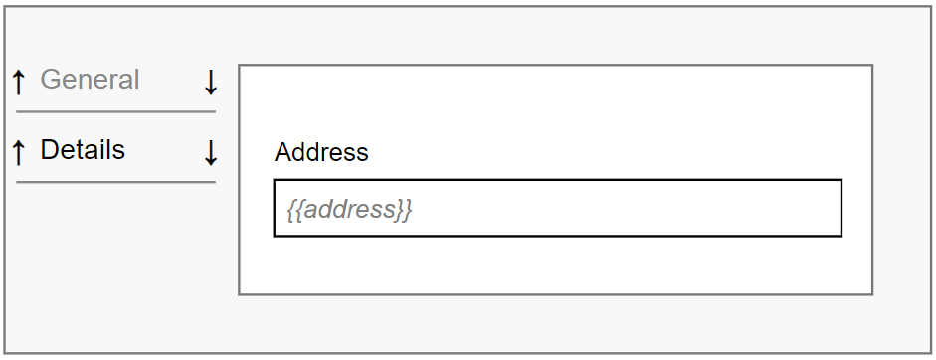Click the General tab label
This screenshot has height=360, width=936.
pyautogui.click(x=90, y=80)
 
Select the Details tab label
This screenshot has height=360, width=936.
pyautogui.click(x=83, y=150)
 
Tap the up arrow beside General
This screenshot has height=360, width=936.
pyautogui.click(x=18, y=82)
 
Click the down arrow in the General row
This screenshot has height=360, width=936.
pyautogui.click(x=210, y=82)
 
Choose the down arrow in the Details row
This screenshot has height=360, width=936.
pyautogui.click(x=210, y=152)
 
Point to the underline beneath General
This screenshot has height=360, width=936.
pyautogui.click(x=115, y=111)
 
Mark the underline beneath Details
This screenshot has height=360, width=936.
pyautogui.click(x=115, y=182)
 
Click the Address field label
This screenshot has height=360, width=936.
pyautogui.click(x=321, y=152)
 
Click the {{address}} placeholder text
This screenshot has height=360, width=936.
pyautogui.click(x=349, y=210)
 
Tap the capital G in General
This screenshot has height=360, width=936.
pyautogui.click(x=51, y=80)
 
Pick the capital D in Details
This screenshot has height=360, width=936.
pyautogui.click(x=49, y=150)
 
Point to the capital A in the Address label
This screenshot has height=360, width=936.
pyautogui.click(x=283, y=152)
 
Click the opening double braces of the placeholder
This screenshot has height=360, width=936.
pyautogui.click(x=294, y=210)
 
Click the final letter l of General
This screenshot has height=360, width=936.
pyautogui.click(x=136, y=80)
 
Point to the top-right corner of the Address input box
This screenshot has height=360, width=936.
pyautogui.click(x=842, y=181)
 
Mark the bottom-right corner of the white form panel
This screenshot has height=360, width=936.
pyautogui.click(x=872, y=294)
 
